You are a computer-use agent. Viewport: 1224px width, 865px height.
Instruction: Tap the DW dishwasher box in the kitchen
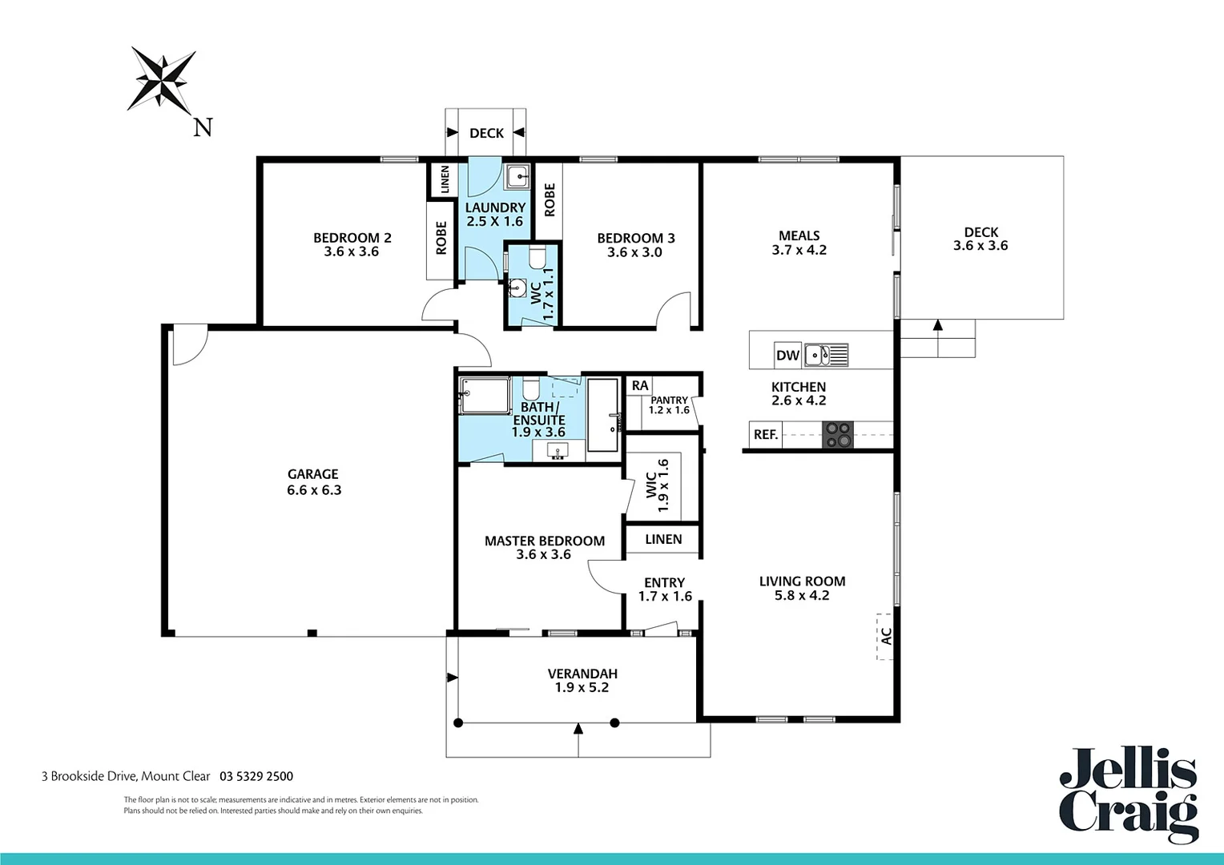point(787,356)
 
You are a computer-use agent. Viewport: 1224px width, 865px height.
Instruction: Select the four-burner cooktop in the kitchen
point(838,434)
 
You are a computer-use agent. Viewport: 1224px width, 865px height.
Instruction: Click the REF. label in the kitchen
point(765,435)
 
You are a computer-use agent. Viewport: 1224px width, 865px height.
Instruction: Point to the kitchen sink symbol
point(826,354)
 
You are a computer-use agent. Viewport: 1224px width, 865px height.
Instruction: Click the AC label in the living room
point(885,637)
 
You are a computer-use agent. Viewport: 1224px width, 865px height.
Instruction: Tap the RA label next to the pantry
point(639,386)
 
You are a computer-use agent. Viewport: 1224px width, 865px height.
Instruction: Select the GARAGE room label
point(313,474)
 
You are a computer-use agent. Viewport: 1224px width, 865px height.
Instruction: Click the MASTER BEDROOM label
point(544,541)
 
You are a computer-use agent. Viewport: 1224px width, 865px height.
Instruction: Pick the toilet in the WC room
point(537,257)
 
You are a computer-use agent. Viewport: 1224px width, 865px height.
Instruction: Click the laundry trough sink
point(517,175)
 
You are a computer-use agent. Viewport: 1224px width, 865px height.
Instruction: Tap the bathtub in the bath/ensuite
point(603,415)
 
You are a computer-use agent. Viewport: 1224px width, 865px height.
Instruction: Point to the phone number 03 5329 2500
point(256,776)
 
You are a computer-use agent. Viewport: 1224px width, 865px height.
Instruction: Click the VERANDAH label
point(582,674)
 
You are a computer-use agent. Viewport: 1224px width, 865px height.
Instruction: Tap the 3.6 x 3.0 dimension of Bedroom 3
point(634,252)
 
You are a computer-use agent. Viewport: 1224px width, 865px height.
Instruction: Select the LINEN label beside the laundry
point(445,179)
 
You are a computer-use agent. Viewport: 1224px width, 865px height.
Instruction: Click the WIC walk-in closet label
point(651,485)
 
